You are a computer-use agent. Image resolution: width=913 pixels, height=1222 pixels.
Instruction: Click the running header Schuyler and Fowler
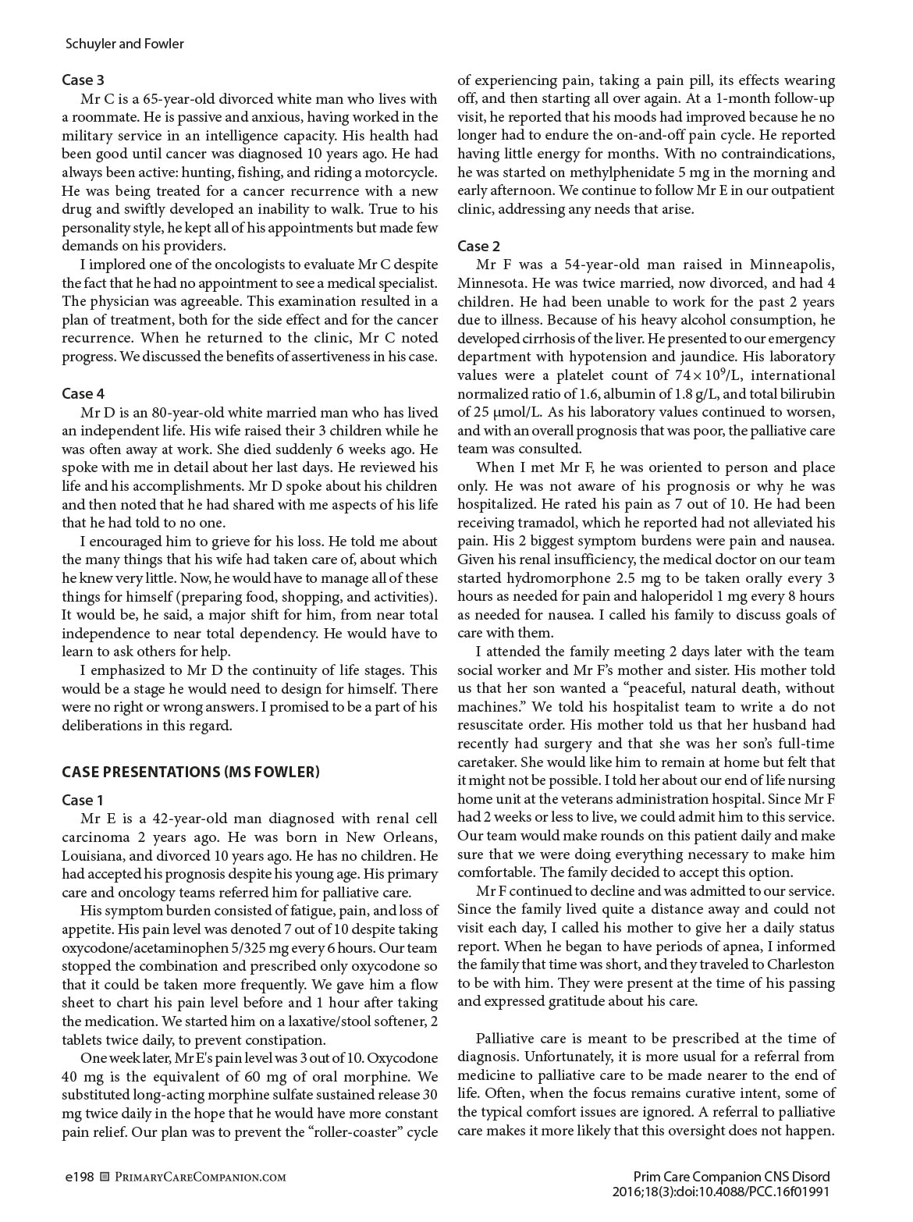(125, 44)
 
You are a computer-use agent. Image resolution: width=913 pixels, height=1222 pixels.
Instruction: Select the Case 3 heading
(83, 80)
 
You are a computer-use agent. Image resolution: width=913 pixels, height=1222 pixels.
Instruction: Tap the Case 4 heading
(83, 393)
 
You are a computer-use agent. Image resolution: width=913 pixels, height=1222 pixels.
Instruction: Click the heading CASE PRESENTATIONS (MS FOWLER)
(190, 773)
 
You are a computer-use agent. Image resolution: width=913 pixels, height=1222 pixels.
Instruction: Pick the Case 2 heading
(478, 247)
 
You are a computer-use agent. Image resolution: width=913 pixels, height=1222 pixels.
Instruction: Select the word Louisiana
(92, 855)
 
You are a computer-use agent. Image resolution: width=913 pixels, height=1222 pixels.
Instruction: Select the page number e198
(80, 1176)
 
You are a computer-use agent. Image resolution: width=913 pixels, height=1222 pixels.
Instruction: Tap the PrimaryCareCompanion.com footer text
(201, 1177)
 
